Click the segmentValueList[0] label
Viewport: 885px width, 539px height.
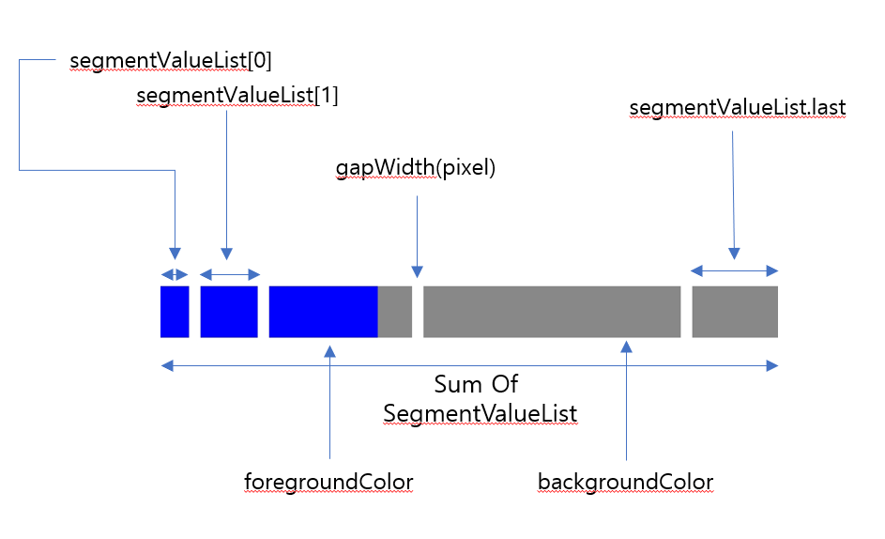[171, 61]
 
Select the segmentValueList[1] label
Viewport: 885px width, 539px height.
[237, 96]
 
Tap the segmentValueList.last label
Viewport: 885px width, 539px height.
[738, 108]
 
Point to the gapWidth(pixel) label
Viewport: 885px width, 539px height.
[415, 168]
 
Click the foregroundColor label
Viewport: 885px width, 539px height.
[328, 482]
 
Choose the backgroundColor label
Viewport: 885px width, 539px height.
[625, 482]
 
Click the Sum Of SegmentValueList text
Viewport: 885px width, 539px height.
[479, 398]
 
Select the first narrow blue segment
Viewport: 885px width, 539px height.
[175, 312]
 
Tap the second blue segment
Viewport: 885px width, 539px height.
[229, 312]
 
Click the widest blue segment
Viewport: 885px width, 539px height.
[323, 312]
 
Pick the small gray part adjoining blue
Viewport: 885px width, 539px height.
[395, 312]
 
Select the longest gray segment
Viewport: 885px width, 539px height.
[552, 312]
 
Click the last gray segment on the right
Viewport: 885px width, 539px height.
[735, 312]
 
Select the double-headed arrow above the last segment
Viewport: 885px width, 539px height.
[735, 271]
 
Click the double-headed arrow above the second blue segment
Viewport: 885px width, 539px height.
[230, 274]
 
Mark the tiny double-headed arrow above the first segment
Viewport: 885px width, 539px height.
[175, 274]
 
